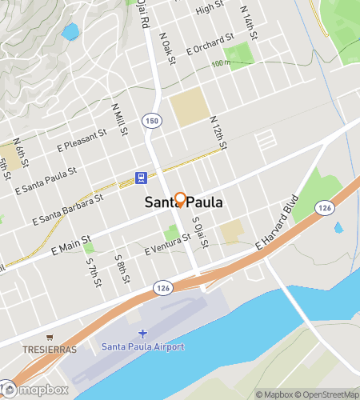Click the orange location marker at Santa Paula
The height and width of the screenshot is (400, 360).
point(181,199)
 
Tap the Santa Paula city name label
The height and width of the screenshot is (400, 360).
point(183,204)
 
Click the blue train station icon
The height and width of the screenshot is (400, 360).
point(141,178)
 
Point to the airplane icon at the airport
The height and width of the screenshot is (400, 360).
point(143,333)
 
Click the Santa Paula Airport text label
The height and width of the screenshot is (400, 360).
point(143,346)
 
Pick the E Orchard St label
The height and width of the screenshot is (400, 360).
point(210,44)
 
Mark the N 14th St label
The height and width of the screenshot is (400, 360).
point(251,18)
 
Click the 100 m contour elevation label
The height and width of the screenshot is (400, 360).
point(222,62)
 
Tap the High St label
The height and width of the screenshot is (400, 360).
point(210,8)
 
